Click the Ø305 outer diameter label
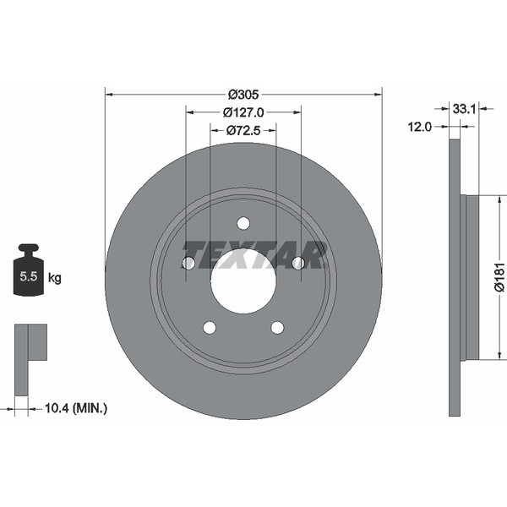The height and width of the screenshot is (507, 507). pyautogui.click(x=243, y=95)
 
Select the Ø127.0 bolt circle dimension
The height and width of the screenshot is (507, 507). pyautogui.click(x=243, y=112)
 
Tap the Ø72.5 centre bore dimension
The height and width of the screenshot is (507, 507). pyautogui.click(x=243, y=131)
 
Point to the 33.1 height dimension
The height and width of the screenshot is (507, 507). pyautogui.click(x=464, y=109)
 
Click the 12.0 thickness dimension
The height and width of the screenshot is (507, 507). pyautogui.click(x=420, y=127)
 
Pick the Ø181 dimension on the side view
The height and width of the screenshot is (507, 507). pyautogui.click(x=500, y=277)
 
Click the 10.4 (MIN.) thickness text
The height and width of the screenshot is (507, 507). pyautogui.click(x=76, y=408)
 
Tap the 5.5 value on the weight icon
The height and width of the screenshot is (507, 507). pyautogui.click(x=29, y=276)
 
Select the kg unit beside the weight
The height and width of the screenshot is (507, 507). pyautogui.click(x=55, y=278)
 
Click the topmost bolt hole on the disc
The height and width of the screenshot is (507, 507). pyautogui.click(x=243, y=223)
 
